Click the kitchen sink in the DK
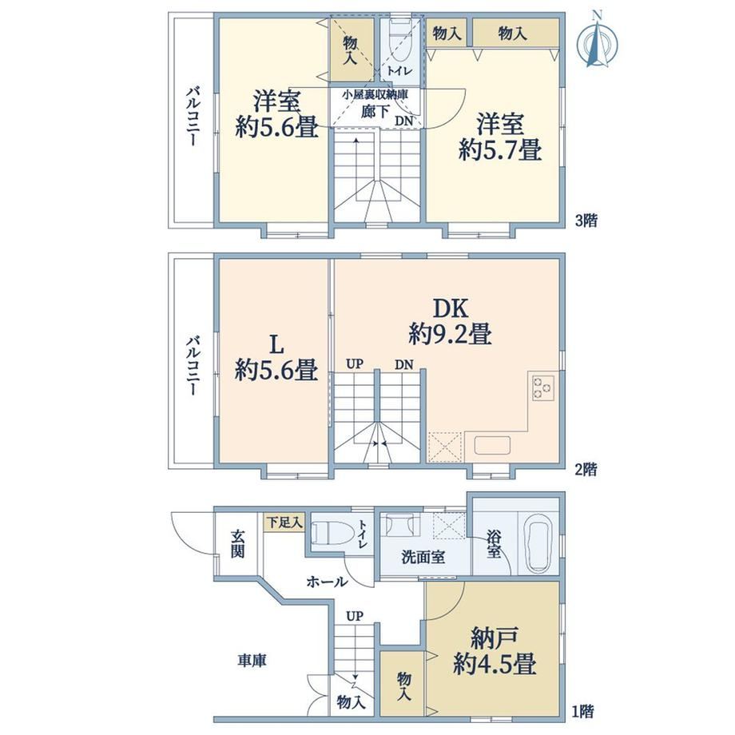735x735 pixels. [x=492, y=445]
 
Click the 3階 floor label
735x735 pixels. [x=586, y=220]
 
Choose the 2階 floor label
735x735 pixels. [x=586, y=469]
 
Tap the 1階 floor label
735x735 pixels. [x=583, y=712]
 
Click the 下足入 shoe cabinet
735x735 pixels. [x=284, y=522]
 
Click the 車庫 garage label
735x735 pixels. [x=252, y=661]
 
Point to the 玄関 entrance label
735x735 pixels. [x=237, y=544]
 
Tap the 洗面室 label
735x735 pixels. [x=423, y=558]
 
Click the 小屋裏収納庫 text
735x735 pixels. [x=375, y=94]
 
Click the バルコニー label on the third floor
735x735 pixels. [x=193, y=116]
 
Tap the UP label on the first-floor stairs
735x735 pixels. [x=355, y=616]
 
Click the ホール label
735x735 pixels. [x=328, y=582]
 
